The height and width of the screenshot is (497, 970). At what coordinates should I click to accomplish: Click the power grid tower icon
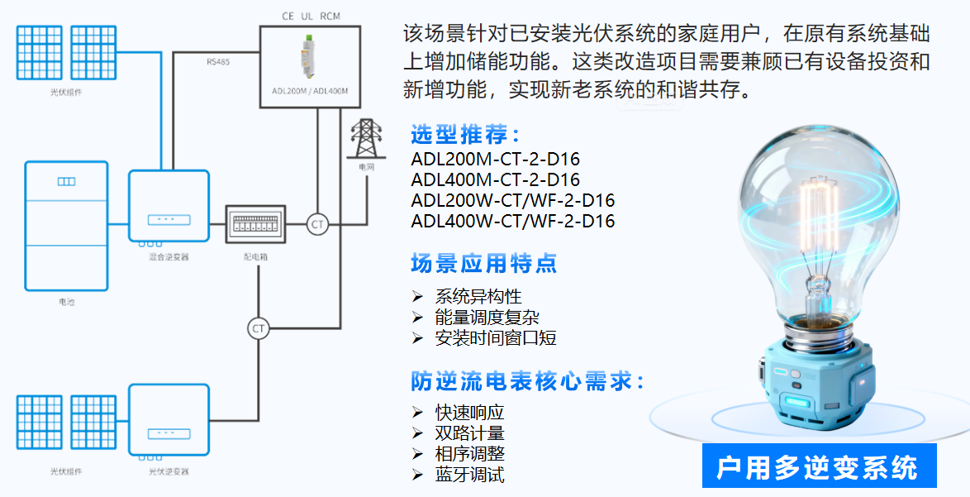pyautogui.click(x=364, y=139)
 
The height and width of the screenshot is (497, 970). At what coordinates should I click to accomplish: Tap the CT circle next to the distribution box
pyautogui.click(x=317, y=224)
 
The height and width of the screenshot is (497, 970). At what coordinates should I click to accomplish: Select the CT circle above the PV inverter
pyautogui.click(x=259, y=328)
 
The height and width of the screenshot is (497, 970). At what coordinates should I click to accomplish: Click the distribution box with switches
pyautogui.click(x=256, y=224)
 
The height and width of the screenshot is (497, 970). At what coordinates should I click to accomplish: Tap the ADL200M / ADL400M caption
pyautogui.click(x=310, y=90)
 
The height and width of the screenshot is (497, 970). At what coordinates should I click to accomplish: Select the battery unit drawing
pyautogui.click(x=66, y=226)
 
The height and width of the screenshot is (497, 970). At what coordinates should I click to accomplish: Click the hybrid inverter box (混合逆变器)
pyautogui.click(x=169, y=206)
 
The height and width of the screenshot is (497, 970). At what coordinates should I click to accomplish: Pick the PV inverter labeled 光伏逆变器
pyautogui.click(x=169, y=422)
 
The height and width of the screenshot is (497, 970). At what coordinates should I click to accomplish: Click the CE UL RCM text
pyautogui.click(x=311, y=16)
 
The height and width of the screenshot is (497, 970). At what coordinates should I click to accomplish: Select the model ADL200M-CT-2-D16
pyautogui.click(x=495, y=159)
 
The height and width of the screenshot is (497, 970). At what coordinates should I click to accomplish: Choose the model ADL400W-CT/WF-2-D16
pyautogui.click(x=512, y=221)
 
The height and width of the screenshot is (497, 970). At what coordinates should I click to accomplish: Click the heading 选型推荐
pyautogui.click(x=465, y=135)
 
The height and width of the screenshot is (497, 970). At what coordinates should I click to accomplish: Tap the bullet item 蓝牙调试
pyautogui.click(x=469, y=475)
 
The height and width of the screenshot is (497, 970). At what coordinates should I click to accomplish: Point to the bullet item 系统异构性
pyautogui.click(x=478, y=296)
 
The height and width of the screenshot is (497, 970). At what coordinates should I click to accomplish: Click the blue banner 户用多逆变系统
pyautogui.click(x=817, y=467)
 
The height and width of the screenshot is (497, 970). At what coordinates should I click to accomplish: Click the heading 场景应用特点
pyautogui.click(x=483, y=263)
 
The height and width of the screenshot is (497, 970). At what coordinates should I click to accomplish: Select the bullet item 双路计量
pyautogui.click(x=469, y=432)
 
